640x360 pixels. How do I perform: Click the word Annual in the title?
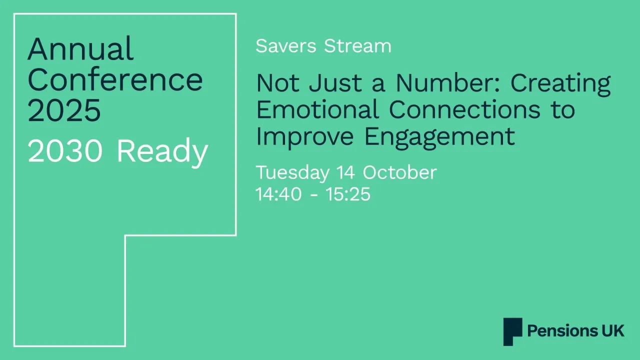point(80,49)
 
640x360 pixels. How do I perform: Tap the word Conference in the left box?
point(115,80)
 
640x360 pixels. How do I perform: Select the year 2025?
point(64,110)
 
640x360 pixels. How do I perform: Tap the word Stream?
point(357,46)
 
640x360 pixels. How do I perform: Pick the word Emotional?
point(317,109)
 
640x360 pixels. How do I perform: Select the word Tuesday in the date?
point(292,173)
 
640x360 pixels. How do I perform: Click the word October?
point(399,172)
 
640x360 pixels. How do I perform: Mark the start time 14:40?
point(278,194)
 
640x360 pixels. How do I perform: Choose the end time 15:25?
point(348,194)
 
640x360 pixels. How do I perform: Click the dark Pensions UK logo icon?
point(512,331)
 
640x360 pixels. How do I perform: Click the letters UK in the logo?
point(613,331)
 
